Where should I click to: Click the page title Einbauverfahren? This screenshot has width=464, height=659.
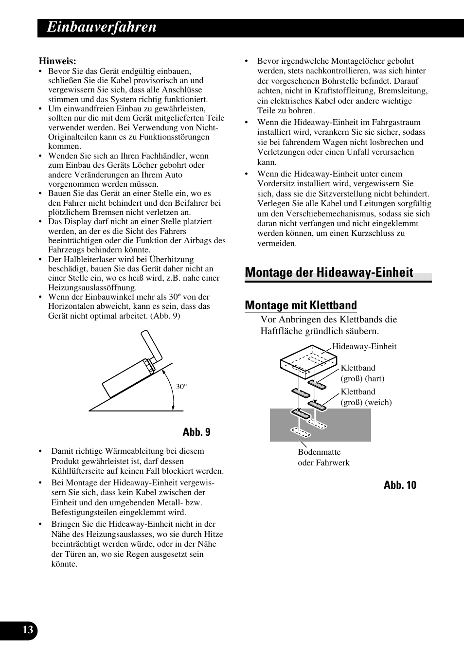point(102,27)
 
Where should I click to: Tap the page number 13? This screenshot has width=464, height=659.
point(28,630)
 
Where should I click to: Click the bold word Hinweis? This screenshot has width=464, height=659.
point(57,61)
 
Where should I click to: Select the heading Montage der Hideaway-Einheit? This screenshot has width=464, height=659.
point(329,272)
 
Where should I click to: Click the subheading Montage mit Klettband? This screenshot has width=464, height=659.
point(301,305)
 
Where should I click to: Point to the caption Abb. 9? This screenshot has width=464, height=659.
point(196,432)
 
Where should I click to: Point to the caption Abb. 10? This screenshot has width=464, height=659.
point(400,485)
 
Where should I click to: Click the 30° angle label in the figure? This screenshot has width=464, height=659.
point(181,387)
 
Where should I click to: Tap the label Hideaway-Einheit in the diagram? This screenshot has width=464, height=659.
point(364,347)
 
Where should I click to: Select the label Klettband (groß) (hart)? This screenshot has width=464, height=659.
point(362,374)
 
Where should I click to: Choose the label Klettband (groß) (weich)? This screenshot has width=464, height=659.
point(365,397)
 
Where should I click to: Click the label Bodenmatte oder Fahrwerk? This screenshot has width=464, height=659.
point(323,457)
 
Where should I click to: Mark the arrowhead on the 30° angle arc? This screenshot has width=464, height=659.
point(174,407)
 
